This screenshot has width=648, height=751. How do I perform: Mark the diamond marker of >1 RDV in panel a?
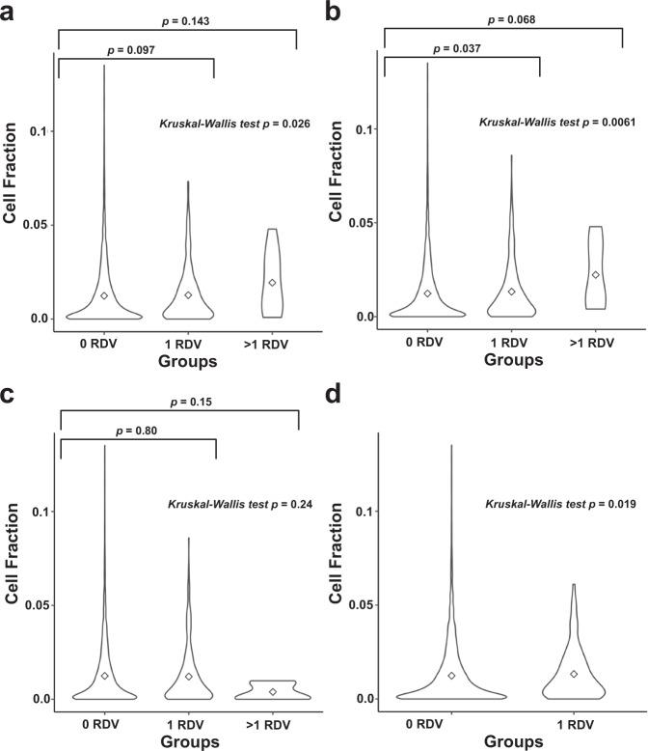click(273, 283)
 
